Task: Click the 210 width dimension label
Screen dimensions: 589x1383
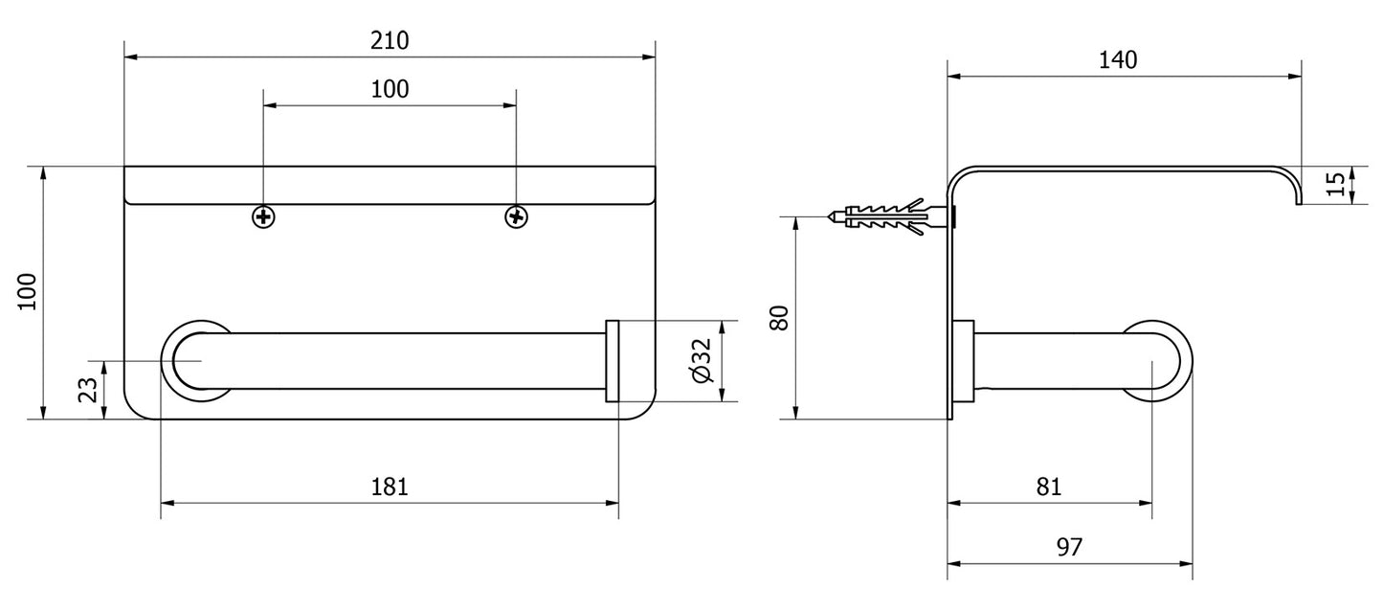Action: click(390, 41)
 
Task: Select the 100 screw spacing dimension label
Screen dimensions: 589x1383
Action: click(390, 89)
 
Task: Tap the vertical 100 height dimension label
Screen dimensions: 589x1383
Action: click(28, 291)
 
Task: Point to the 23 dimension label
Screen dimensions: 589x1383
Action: click(88, 391)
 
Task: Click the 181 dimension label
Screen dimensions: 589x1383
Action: click(390, 487)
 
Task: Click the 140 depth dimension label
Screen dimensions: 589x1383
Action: click(1118, 60)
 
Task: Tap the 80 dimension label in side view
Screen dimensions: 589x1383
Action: click(779, 318)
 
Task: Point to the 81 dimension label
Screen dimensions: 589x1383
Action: click(1049, 487)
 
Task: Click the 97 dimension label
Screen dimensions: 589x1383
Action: click(1069, 547)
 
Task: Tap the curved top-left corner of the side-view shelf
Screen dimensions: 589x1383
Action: click(958, 177)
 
